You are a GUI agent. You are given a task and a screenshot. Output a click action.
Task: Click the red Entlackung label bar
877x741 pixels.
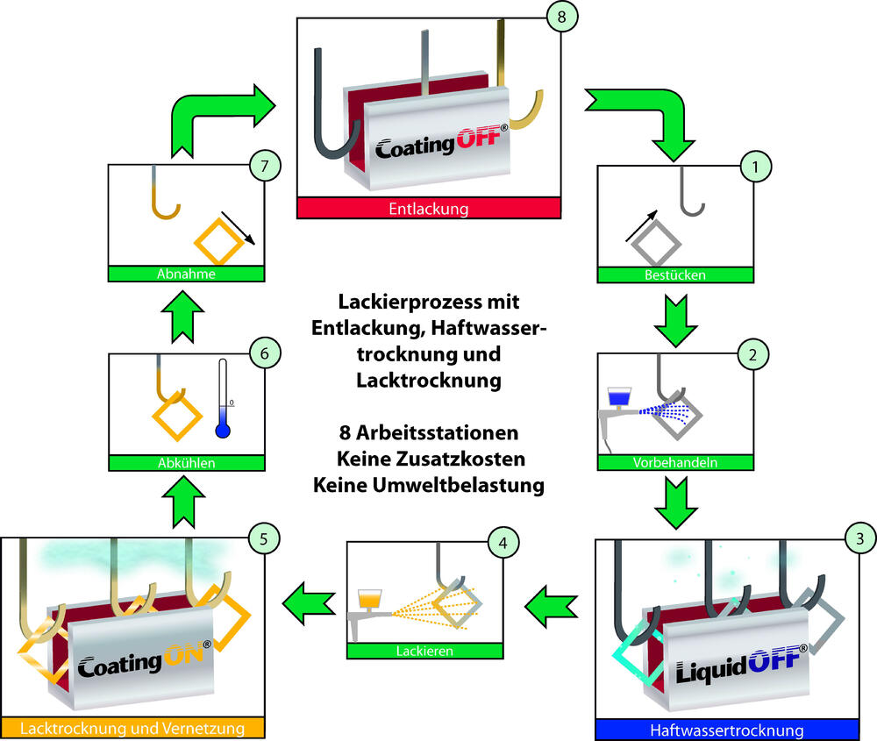429,209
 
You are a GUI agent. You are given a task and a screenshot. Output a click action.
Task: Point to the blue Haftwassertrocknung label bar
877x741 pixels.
726,730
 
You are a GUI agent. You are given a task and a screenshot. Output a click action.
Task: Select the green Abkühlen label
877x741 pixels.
185,460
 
